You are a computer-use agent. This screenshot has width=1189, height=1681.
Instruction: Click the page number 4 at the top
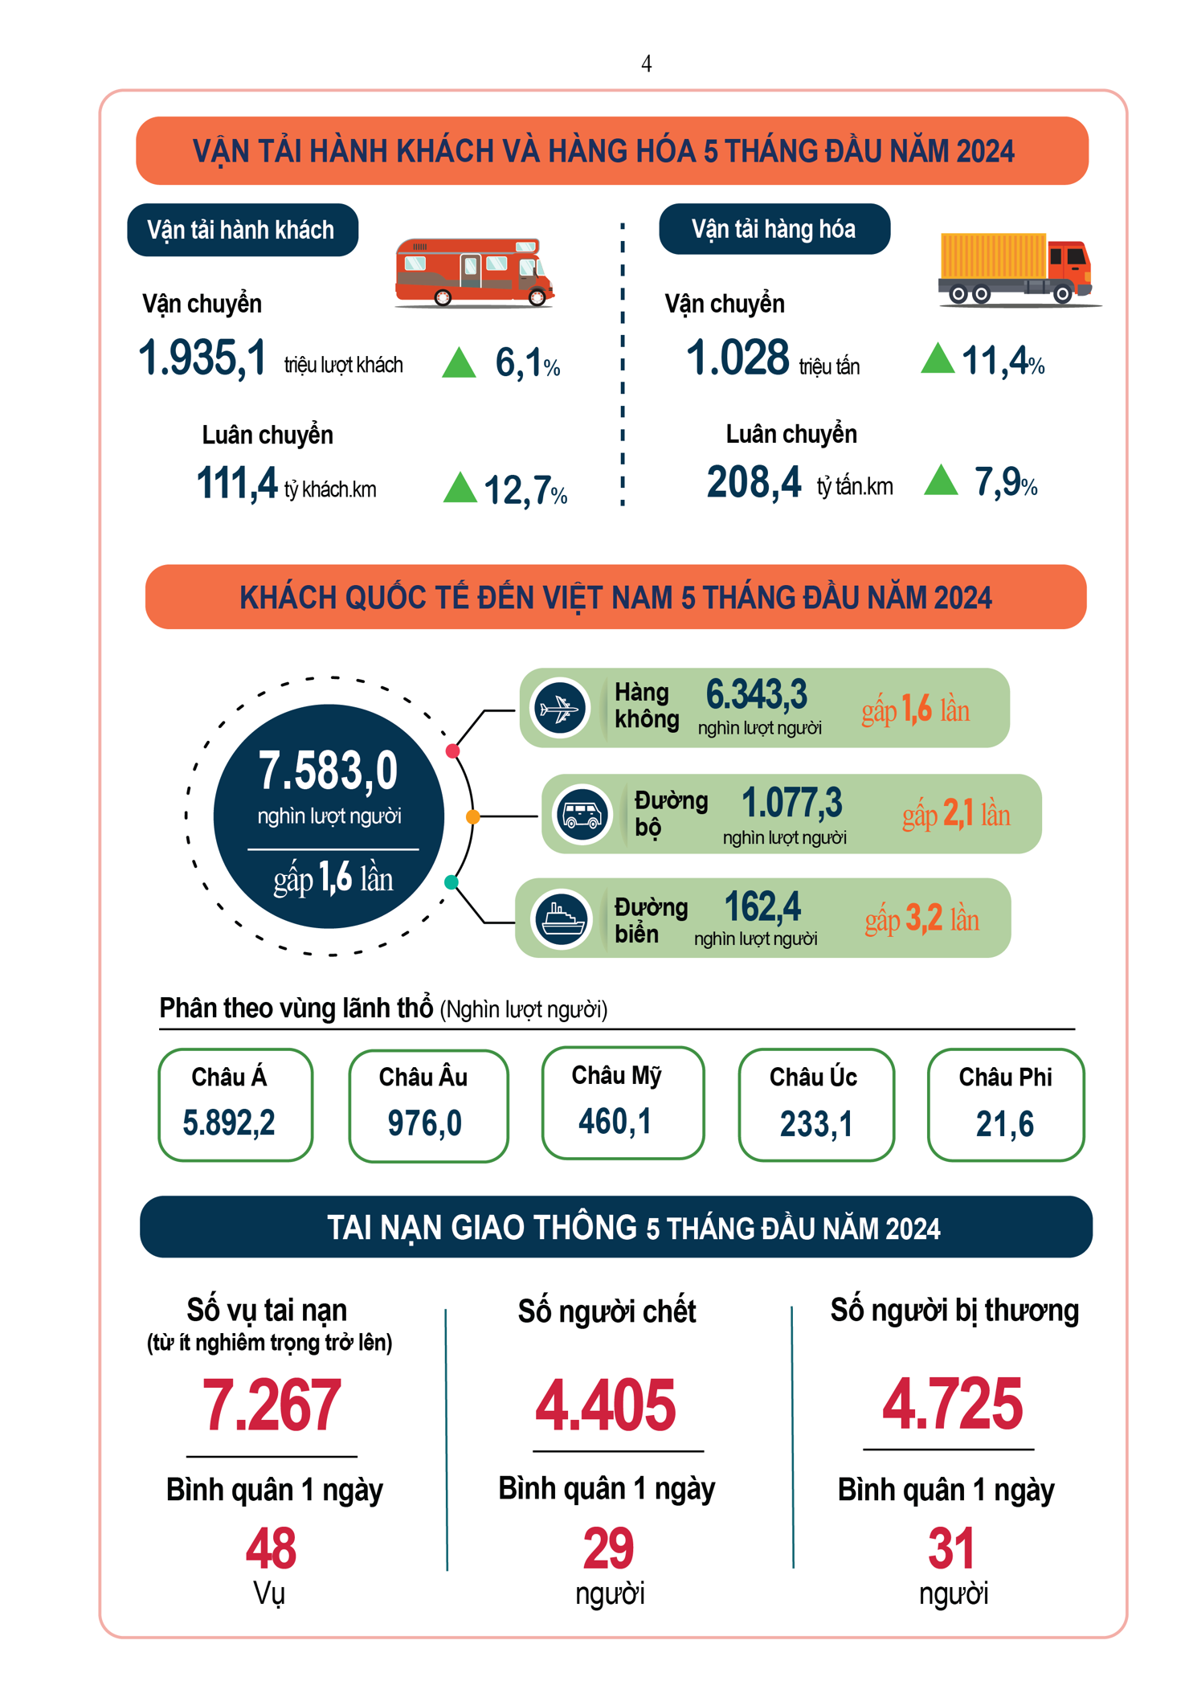point(646,63)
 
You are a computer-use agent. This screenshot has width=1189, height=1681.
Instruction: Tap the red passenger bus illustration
point(474,273)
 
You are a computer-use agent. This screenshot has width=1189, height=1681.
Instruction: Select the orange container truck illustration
point(1016,269)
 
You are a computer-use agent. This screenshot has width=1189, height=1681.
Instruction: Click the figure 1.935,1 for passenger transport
point(202,358)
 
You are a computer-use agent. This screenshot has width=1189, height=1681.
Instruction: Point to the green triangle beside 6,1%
point(460,362)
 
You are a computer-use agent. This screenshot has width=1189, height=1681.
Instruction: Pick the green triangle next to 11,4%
point(937,358)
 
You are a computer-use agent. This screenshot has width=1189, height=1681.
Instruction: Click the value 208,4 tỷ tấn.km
point(754,483)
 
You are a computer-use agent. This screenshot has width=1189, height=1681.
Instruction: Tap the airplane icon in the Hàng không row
point(560,708)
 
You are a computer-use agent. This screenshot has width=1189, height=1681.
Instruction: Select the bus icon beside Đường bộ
point(582,814)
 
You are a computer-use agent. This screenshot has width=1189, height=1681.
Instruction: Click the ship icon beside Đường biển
point(562,918)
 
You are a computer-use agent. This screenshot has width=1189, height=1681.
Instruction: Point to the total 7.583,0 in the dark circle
point(328,771)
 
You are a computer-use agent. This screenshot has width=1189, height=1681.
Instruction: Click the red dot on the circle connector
point(452,751)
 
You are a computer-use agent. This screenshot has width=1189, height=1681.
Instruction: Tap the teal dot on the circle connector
point(451,882)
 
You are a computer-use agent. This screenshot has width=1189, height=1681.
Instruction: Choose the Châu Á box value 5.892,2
point(229,1123)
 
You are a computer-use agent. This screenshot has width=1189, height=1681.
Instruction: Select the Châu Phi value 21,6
point(1004,1123)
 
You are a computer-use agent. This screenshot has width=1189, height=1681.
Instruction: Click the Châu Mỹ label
point(616,1075)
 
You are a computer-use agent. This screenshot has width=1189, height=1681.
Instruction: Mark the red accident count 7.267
point(272,1405)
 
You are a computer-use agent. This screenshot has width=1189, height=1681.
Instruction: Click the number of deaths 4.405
point(606,1405)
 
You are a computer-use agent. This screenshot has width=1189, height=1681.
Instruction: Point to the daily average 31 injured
point(951,1548)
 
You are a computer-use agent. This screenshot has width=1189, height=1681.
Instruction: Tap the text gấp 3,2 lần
point(921,918)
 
